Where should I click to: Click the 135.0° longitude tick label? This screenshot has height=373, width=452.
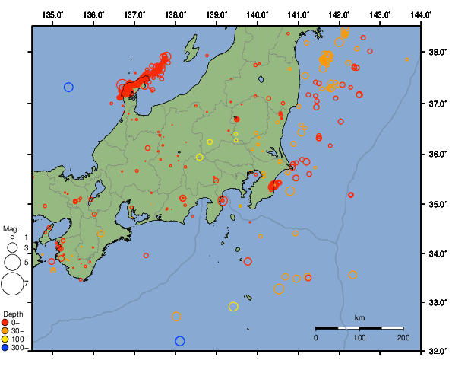click(52, 14)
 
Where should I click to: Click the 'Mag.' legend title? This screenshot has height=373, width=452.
click(11, 228)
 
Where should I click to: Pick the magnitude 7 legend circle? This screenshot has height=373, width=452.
click(12, 284)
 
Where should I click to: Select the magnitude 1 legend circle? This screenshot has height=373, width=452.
click(12, 238)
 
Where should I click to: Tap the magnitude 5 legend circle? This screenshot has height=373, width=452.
click(12, 262)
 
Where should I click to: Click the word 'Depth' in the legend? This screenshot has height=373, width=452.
click(13, 314)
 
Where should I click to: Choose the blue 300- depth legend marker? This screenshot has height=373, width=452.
click(6, 348)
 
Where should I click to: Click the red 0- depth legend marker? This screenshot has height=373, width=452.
click(6, 322)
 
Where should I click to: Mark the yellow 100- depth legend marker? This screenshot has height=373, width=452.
click(6, 340)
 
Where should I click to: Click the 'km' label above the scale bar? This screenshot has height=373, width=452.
click(359, 317)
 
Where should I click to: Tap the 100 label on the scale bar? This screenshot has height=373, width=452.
click(359, 337)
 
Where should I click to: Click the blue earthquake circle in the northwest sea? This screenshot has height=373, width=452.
click(68, 88)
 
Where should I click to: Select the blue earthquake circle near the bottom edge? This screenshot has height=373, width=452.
click(180, 341)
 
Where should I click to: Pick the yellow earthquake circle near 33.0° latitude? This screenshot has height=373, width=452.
click(233, 307)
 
